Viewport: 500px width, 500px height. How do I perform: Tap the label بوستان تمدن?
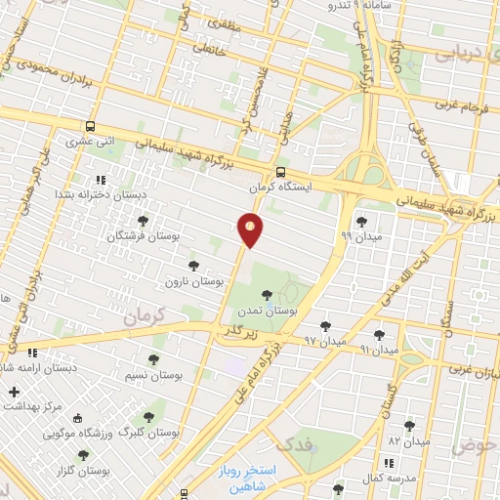(267, 310)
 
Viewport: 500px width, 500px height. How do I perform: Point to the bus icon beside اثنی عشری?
(91, 126)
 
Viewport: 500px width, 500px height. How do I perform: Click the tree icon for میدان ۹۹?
(361, 222)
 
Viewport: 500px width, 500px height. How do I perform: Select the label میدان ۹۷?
(325, 341)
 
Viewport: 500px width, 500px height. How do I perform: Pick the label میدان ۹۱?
(379, 349)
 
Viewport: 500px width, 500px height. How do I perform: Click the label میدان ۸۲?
(408, 441)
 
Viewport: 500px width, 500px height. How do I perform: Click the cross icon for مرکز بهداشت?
(14, 393)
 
